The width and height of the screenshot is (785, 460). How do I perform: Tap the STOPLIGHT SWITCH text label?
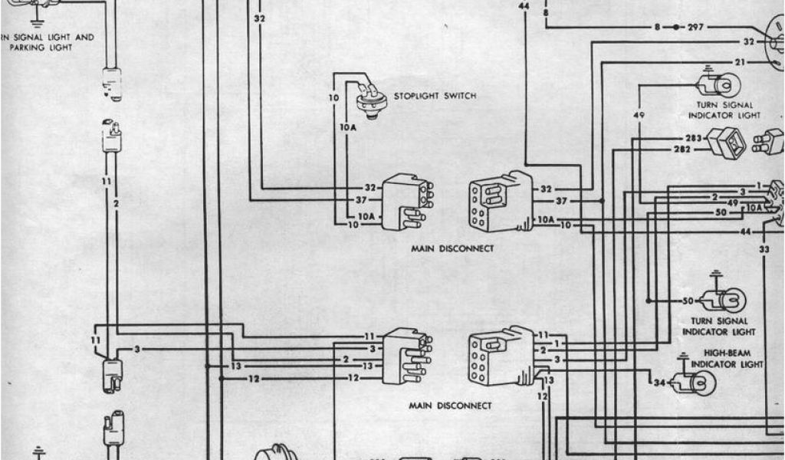(x=435, y=96)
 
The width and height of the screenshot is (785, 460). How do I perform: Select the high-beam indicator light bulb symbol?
(x=698, y=381)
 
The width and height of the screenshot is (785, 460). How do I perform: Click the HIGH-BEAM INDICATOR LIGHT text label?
(x=727, y=359)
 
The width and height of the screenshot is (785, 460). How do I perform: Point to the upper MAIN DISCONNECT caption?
(x=452, y=248)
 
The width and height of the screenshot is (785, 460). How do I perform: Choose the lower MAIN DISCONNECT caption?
(x=452, y=405)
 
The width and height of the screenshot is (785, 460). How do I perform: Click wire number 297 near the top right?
(x=696, y=27)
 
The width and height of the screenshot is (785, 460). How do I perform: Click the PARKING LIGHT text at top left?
(x=41, y=48)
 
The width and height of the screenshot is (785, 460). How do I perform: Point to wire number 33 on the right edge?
(x=764, y=249)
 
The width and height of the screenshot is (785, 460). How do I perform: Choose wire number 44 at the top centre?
(x=524, y=6)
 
